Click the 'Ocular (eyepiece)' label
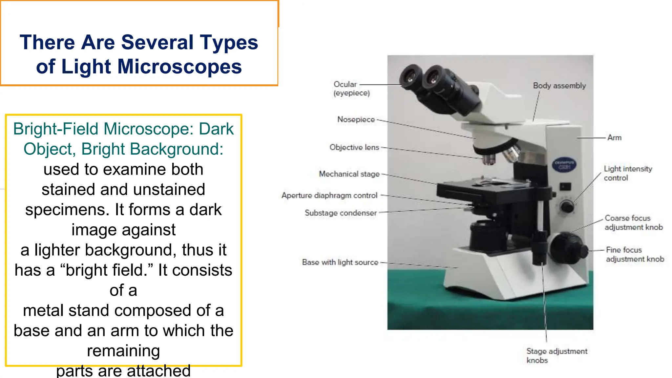(351, 89)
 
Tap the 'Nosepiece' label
(356, 119)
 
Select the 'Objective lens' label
(354, 147)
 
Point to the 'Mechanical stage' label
(349, 174)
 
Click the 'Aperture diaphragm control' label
(329, 196)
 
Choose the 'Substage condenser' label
(341, 213)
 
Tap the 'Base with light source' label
(340, 262)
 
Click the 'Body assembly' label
(559, 86)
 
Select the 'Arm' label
(614, 137)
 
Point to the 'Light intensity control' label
(627, 173)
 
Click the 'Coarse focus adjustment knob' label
(634, 222)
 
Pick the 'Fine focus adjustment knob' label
(635, 254)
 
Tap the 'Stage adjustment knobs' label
(556, 356)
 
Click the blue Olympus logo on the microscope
(564, 165)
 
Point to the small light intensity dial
(567, 206)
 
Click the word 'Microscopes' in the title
(179, 67)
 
